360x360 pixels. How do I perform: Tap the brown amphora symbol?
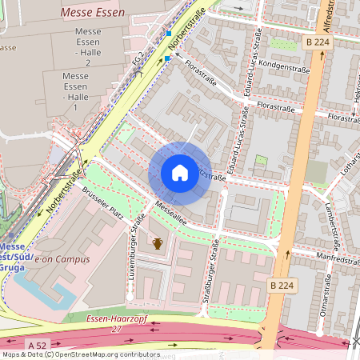point(158,243)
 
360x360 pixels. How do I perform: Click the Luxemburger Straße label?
point(138,237)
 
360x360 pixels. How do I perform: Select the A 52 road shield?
point(34,345)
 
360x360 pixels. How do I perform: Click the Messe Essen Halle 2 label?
point(87,46)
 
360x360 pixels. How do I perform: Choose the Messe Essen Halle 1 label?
point(75,91)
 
